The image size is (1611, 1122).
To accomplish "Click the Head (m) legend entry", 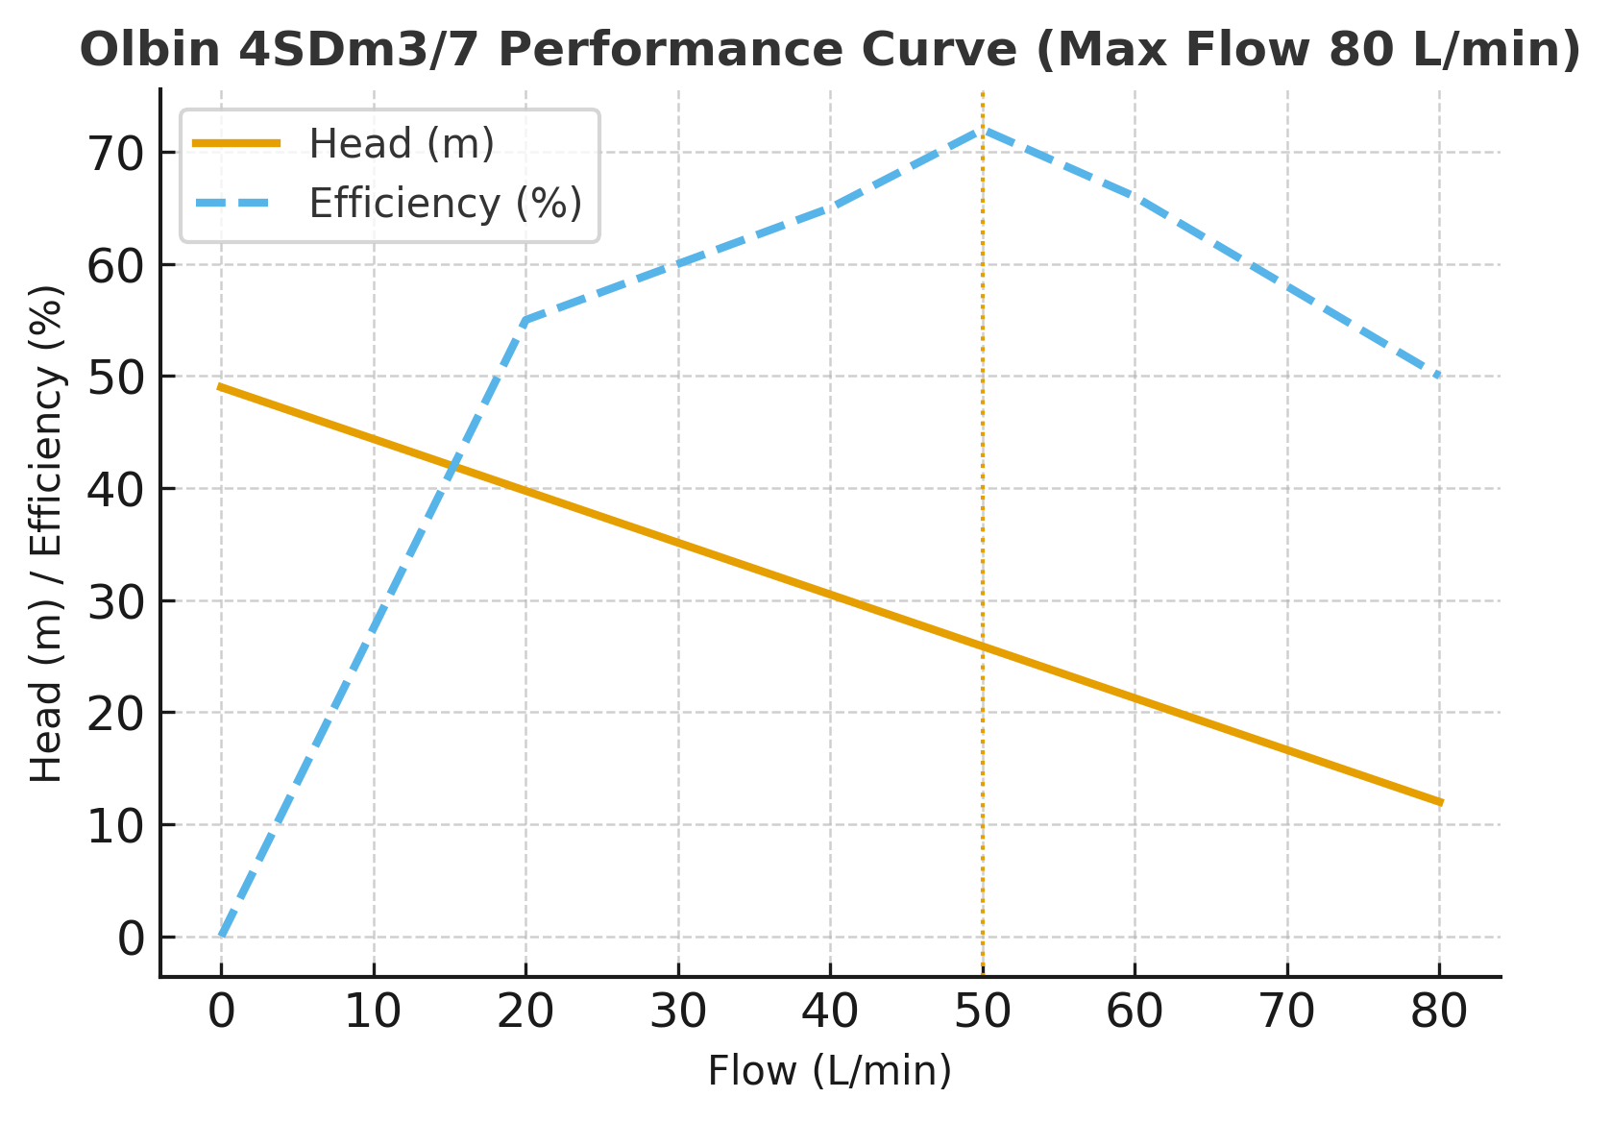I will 402,144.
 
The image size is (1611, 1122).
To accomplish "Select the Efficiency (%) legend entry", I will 445,204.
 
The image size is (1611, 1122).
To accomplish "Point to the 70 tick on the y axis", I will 116,154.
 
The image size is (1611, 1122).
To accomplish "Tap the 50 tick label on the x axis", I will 983,1012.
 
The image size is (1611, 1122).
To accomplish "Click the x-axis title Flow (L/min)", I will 830,1071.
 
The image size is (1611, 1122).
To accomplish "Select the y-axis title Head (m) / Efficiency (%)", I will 46,534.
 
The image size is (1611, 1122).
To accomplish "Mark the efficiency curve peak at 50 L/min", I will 983,129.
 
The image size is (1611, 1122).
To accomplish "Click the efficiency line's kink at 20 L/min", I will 525,320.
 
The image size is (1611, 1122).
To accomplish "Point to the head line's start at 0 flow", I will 222,387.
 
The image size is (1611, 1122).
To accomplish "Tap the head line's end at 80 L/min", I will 1439,802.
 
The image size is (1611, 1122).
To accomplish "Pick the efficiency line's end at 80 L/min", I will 1439,377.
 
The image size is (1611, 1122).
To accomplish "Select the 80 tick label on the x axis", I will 1439,1012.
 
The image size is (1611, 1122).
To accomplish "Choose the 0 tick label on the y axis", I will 131,939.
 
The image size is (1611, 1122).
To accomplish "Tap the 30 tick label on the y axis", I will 116,602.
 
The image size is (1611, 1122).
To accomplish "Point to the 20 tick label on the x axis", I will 525,1012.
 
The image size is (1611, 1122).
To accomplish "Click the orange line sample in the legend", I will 236,144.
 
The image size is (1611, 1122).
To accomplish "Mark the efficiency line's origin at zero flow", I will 222,936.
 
